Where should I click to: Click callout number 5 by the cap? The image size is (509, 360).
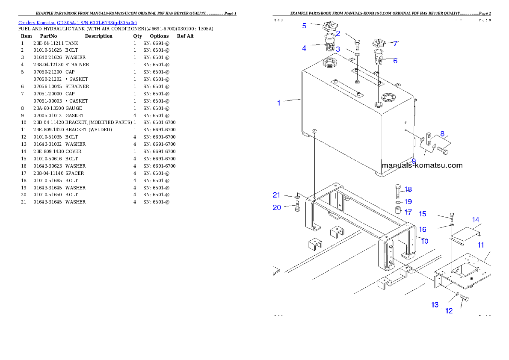coord(304,26)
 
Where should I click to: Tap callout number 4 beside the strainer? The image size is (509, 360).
coord(304,48)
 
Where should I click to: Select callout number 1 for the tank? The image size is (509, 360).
coord(279,103)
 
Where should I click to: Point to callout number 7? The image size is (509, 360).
coord(396,44)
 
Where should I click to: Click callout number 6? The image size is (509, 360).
coord(395,61)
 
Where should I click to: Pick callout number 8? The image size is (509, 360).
coord(442,134)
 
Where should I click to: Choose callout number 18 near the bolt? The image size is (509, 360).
coord(408,189)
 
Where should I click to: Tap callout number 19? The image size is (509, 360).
coord(408,201)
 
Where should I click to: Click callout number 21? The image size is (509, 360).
coord(277,195)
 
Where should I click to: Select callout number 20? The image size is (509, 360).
coord(277,207)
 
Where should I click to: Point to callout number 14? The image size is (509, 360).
coord(476,220)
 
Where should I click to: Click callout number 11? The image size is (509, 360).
coord(481,245)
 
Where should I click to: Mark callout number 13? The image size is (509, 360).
coord(435,305)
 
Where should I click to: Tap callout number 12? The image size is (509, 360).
coord(449,311)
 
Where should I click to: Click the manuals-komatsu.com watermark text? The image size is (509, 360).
coord(422,165)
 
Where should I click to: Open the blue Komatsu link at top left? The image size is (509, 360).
coord(77,23)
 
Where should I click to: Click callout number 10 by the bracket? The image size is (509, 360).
coord(425,241)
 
